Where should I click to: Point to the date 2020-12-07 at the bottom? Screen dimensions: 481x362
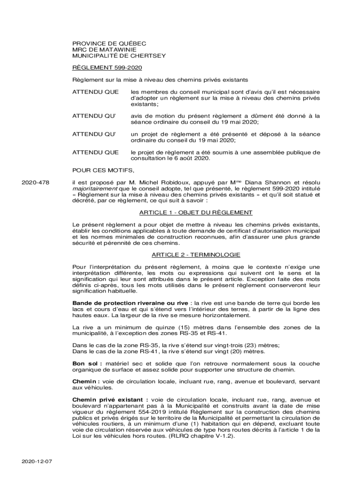pyautogui.click(x=36, y=461)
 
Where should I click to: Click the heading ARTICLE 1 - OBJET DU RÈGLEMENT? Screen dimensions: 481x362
pyautogui.click(x=196, y=212)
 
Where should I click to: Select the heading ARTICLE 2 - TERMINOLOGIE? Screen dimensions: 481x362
pyautogui.click(x=196, y=255)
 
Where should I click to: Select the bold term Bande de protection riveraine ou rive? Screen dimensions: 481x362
pyautogui.click(x=130, y=303)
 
